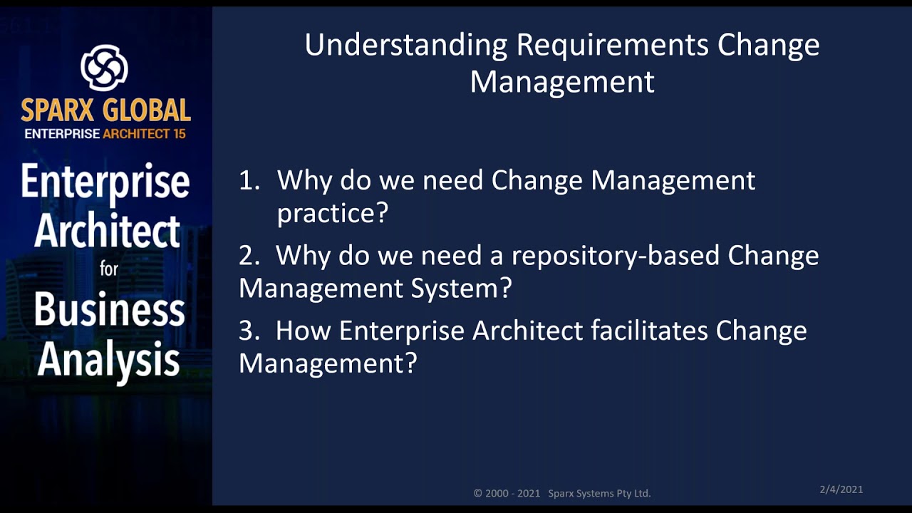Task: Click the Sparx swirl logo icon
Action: coord(104,68)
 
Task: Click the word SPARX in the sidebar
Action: coord(59,110)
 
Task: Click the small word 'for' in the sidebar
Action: coord(109,269)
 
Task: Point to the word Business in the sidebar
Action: coord(109,310)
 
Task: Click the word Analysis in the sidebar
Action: coord(108,360)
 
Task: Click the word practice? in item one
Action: coord(332,213)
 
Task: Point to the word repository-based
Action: coord(616,255)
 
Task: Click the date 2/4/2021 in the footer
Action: coord(841,489)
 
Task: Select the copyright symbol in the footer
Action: coord(478,493)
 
